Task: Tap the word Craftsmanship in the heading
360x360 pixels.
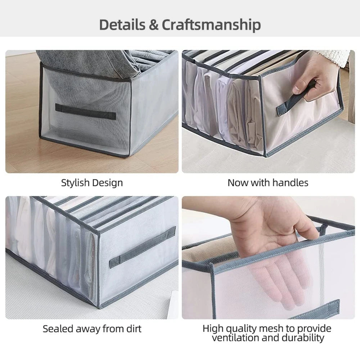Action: [x=211, y=25]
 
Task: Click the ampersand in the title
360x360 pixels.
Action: [x=153, y=25]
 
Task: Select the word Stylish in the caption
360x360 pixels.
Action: [x=75, y=183]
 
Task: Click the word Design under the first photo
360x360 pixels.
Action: [x=107, y=183]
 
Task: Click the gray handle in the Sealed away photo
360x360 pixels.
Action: [x=143, y=247]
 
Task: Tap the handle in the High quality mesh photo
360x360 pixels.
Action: [x=317, y=310]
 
